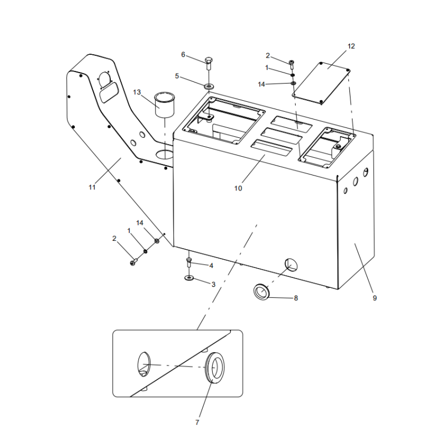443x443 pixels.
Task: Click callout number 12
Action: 351,46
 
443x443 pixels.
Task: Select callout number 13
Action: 137,91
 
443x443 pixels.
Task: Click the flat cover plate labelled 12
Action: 322,82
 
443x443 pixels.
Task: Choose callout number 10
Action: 238,188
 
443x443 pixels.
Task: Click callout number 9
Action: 374,298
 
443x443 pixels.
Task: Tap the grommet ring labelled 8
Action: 262,292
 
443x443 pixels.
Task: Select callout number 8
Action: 296,298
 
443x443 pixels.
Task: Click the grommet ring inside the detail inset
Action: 215,369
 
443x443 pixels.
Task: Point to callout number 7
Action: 197,423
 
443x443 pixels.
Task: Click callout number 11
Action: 92,187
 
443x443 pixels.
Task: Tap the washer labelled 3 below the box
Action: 189,277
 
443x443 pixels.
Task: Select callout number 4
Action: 211,265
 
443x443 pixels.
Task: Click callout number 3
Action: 213,284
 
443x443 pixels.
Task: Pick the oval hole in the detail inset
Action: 143,364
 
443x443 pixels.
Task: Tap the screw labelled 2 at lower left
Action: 133,262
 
